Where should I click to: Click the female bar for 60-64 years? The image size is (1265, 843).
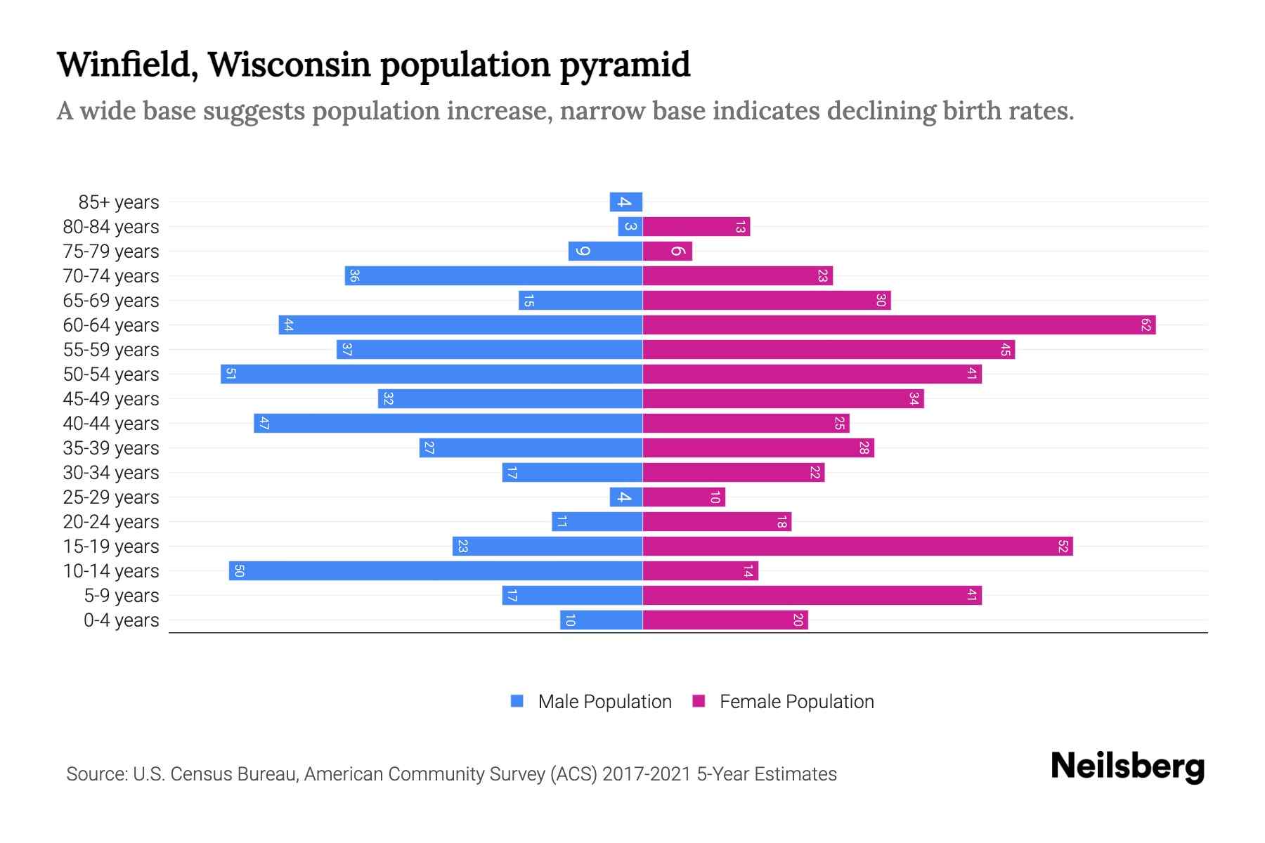[899, 325]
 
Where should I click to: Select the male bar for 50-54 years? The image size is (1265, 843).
[432, 374]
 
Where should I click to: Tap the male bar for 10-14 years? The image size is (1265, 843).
[436, 571]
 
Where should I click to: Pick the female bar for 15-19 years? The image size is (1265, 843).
[857, 547]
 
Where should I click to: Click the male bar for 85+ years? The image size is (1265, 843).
[626, 202]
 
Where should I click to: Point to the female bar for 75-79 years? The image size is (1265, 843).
[668, 251]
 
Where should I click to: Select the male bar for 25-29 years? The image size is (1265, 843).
[626, 497]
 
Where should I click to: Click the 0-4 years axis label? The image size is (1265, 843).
[121, 620]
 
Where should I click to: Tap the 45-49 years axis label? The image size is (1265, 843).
[111, 399]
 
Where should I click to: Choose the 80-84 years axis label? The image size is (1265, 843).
[111, 227]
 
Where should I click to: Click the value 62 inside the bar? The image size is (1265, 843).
[1146, 325]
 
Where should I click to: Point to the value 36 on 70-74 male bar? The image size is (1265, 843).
[354, 276]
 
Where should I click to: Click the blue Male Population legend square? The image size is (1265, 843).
[517, 701]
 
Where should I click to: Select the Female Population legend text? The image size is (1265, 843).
[796, 702]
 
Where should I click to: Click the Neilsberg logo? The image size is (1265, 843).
[1127, 766]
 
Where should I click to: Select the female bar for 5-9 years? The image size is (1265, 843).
[812, 596]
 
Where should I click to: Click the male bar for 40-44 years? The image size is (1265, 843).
[448, 424]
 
